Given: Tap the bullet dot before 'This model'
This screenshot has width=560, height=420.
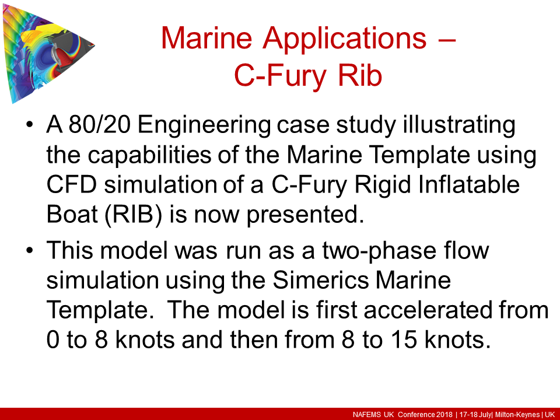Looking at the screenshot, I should click(x=30, y=253).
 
